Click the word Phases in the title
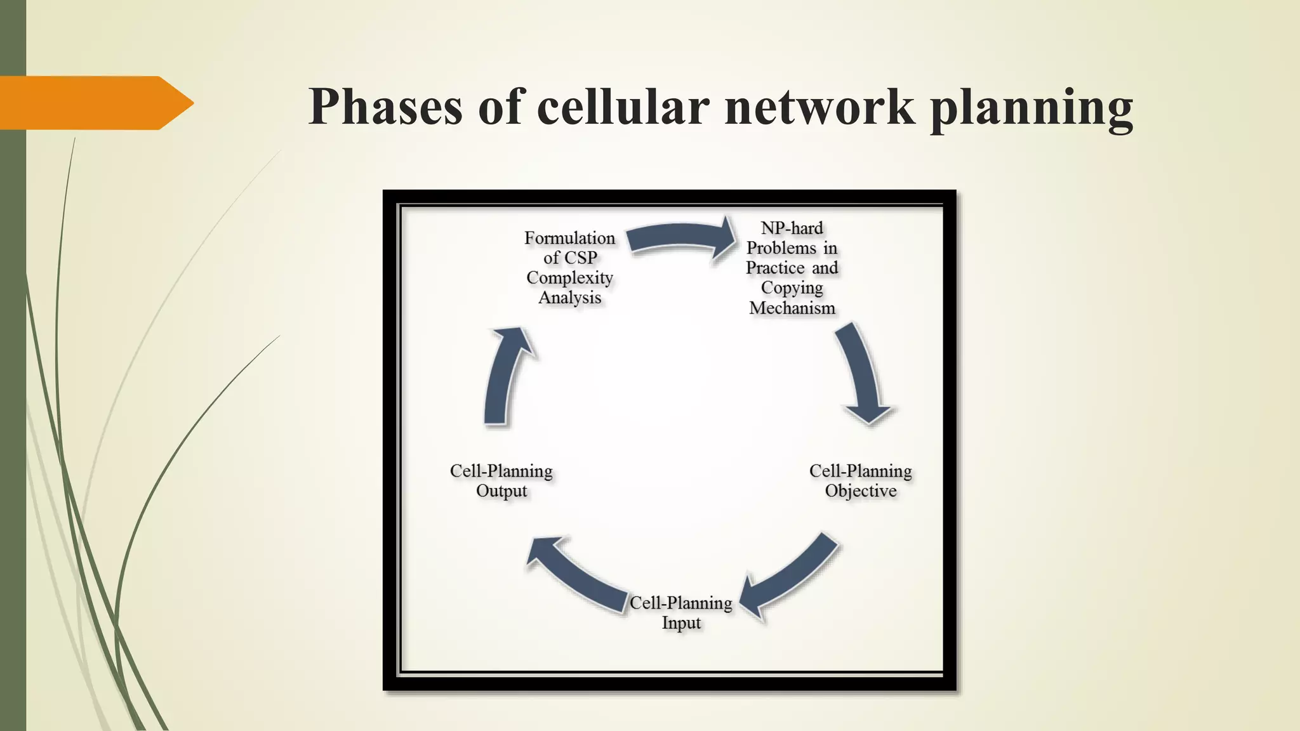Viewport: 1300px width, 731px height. coord(385,106)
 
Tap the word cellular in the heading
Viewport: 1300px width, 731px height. coord(622,106)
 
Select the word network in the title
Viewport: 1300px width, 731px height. coord(819,106)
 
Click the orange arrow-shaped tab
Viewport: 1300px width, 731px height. coord(95,103)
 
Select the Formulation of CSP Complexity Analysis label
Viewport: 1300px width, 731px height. coord(569,268)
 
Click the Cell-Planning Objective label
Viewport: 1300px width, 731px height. coord(860,480)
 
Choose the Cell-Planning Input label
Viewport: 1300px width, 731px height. coord(680,612)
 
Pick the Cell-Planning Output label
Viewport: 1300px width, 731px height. coord(501,480)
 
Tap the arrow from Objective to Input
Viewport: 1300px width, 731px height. coord(790,577)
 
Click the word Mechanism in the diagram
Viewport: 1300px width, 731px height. coord(792,308)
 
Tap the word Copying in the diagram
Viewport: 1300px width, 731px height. coord(792,288)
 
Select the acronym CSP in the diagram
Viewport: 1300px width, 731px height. coord(579,258)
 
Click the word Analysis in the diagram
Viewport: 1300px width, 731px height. coord(569,298)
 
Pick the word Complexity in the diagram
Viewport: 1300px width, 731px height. coord(569,278)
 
